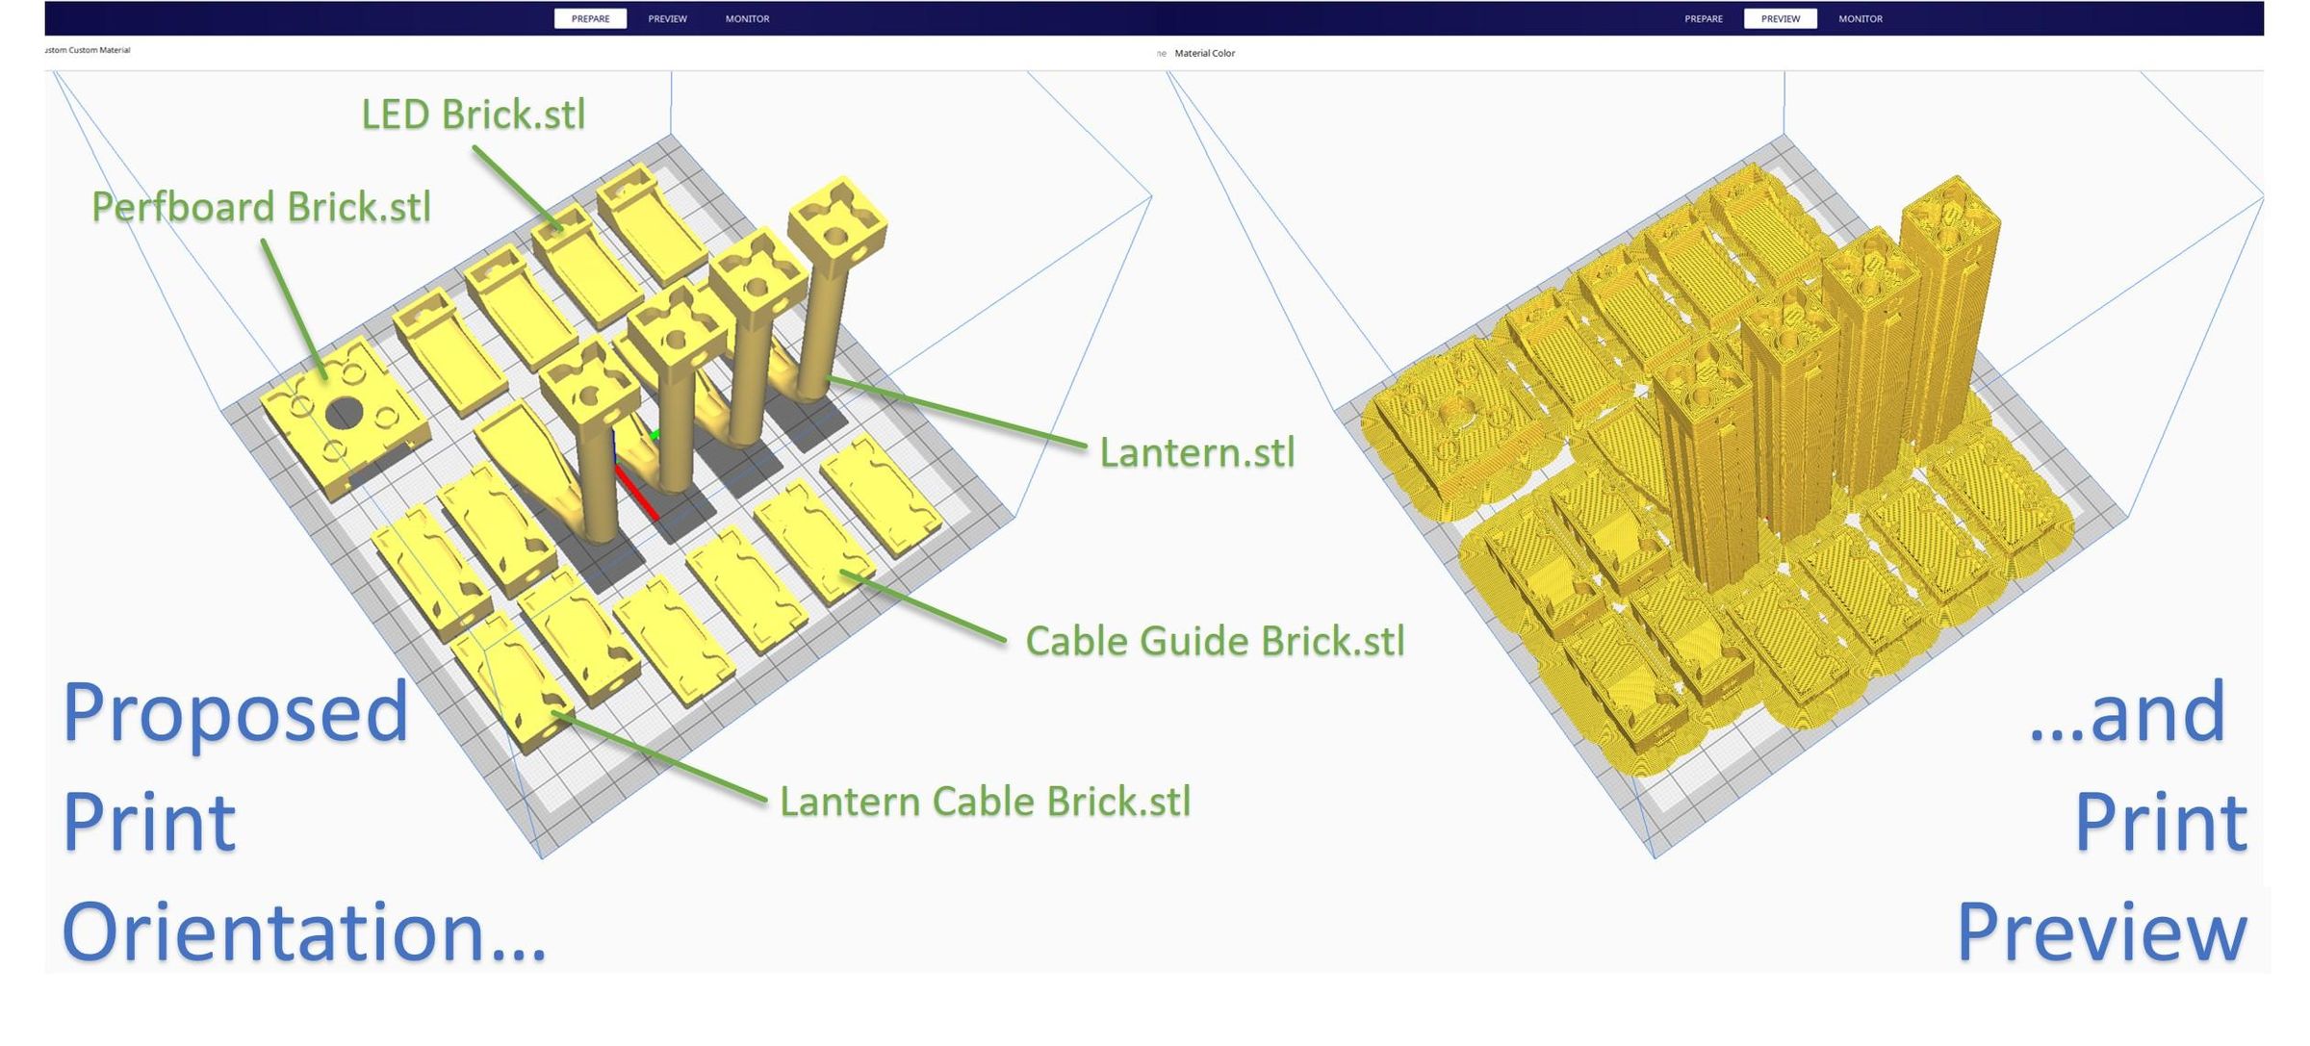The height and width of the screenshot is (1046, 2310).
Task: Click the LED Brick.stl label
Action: click(473, 115)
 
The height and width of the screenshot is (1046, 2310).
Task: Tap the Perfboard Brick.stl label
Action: click(261, 207)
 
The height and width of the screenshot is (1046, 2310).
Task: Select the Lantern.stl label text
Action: click(1196, 452)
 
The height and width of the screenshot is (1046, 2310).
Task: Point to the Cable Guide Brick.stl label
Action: click(1215, 641)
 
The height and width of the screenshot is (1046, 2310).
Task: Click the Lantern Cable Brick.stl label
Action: click(985, 802)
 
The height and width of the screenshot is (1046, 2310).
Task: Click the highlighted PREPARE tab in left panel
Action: click(590, 18)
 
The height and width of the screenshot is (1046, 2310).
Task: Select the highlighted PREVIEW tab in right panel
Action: click(1780, 18)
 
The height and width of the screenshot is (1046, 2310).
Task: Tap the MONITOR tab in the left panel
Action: click(747, 18)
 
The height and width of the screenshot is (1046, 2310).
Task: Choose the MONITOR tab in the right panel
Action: click(1860, 18)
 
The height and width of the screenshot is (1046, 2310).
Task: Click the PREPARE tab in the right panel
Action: click(1703, 18)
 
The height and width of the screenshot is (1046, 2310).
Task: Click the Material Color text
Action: click(1204, 53)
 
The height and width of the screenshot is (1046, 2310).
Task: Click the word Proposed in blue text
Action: click(236, 713)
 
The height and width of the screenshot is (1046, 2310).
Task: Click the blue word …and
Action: click(2127, 713)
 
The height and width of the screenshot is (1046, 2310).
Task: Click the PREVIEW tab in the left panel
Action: click(667, 18)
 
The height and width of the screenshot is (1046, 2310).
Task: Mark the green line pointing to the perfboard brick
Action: click(293, 308)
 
